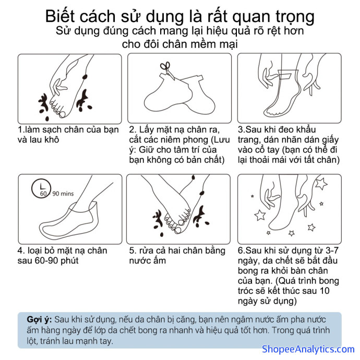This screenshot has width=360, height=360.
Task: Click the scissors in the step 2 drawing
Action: (x=167, y=70)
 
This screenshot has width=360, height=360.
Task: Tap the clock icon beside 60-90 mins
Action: (x=41, y=188)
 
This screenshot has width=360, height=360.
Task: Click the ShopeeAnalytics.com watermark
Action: (x=308, y=349)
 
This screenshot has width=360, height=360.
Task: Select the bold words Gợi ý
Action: (x=39, y=320)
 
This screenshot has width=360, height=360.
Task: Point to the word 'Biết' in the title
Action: (x=61, y=17)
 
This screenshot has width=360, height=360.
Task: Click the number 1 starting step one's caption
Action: (x=20, y=130)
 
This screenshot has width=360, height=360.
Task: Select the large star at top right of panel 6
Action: (x=321, y=184)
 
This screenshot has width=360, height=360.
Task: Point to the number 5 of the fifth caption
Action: (x=131, y=250)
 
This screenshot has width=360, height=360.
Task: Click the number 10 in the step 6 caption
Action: (x=324, y=291)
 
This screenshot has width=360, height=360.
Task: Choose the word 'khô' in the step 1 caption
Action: (x=52, y=140)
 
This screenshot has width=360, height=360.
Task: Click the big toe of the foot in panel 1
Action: (x=62, y=114)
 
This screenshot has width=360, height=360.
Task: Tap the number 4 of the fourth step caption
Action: (x=20, y=250)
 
